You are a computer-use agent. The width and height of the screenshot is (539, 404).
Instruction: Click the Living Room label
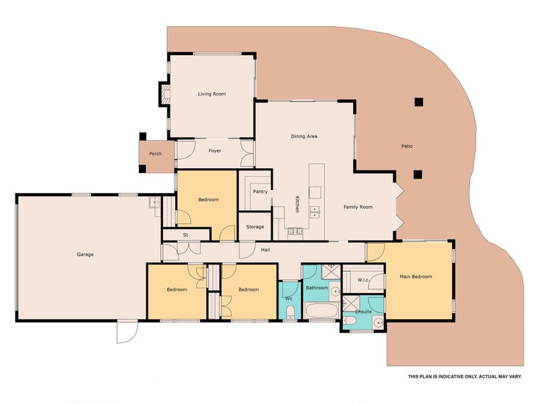(212, 94)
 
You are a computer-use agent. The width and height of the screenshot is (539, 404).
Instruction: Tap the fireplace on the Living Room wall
(165, 94)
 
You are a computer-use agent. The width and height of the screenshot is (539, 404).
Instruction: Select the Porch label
(156, 154)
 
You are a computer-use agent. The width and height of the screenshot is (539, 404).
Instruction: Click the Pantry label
(260, 191)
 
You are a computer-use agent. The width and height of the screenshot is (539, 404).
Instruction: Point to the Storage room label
(255, 227)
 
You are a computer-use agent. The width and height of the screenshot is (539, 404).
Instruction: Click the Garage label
(86, 255)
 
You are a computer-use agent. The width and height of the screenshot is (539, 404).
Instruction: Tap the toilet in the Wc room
(290, 312)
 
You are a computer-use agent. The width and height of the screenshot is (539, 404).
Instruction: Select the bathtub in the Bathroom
(322, 310)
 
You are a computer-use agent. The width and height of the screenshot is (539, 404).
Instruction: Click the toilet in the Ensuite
(349, 321)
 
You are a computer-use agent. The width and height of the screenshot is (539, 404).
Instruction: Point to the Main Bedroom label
(416, 277)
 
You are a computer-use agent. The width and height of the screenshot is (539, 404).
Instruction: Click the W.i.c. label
(363, 280)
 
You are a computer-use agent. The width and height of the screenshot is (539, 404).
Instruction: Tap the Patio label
(407, 146)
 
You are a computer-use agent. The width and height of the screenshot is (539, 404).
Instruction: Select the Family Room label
(358, 207)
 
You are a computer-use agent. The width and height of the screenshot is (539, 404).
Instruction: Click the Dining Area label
(304, 137)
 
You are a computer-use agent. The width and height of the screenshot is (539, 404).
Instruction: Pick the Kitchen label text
(297, 204)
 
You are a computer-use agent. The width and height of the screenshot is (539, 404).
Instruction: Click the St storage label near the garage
(186, 235)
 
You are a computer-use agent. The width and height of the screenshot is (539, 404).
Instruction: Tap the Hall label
(265, 250)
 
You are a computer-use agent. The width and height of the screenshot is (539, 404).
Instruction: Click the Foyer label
(215, 150)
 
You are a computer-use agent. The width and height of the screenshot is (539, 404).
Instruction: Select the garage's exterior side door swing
(127, 332)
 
